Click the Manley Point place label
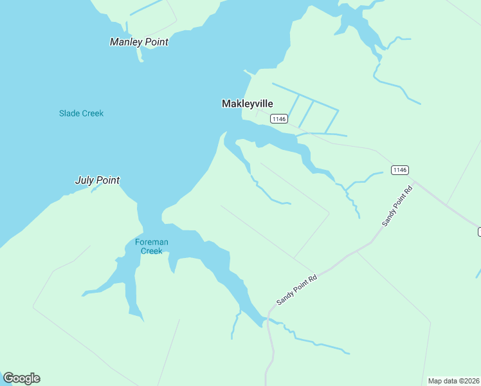(x=139, y=42)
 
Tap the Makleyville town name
(x=248, y=104)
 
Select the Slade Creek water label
(x=81, y=113)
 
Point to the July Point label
(x=98, y=180)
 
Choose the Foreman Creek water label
(x=152, y=246)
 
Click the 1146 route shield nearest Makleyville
(x=278, y=118)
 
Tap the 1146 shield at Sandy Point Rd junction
(x=399, y=170)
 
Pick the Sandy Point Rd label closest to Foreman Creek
(x=297, y=290)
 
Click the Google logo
(x=21, y=378)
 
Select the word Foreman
(x=152, y=242)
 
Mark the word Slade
(x=69, y=113)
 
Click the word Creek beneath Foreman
(x=152, y=251)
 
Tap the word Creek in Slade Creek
(x=93, y=113)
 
